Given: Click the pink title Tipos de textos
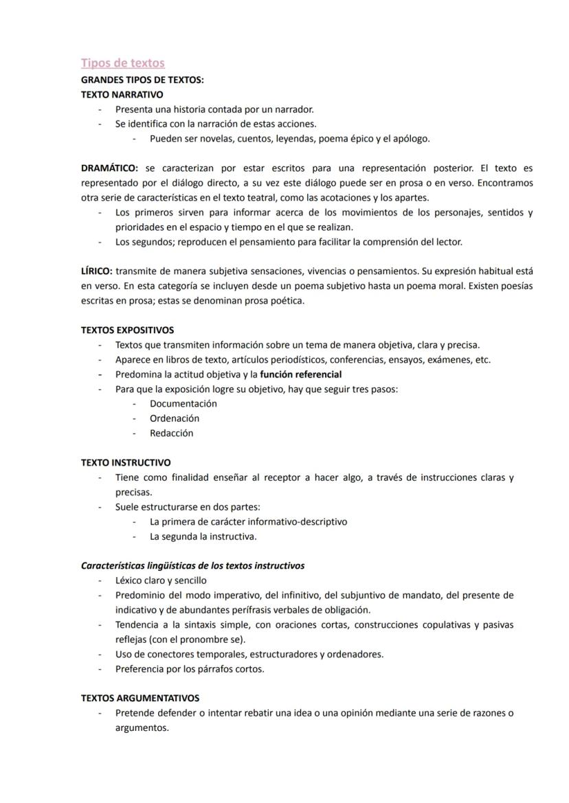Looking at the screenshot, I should pyautogui.click(x=123, y=63).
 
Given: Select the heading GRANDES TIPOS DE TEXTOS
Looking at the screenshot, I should pyautogui.click(x=142, y=80).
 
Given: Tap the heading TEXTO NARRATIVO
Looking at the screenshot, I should pyautogui.click(x=122, y=94).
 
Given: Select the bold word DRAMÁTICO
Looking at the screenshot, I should pyautogui.click(x=109, y=168).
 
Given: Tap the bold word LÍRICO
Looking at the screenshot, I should pyautogui.click(x=97, y=271).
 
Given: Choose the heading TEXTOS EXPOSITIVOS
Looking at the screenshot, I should pyautogui.click(x=127, y=330).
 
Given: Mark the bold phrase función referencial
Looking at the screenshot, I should pyautogui.click(x=300, y=374).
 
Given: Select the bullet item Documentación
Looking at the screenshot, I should pyautogui.click(x=183, y=404).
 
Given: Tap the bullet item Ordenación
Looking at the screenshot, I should pyautogui.click(x=175, y=418).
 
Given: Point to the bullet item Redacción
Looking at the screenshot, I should pyautogui.click(x=171, y=433).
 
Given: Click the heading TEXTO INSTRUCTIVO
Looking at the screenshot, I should pyautogui.click(x=126, y=463).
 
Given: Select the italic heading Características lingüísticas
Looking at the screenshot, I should pyautogui.click(x=192, y=566).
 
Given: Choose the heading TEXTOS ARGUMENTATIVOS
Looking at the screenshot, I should pyautogui.click(x=140, y=698).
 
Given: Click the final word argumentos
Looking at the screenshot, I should pyautogui.click(x=142, y=728).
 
